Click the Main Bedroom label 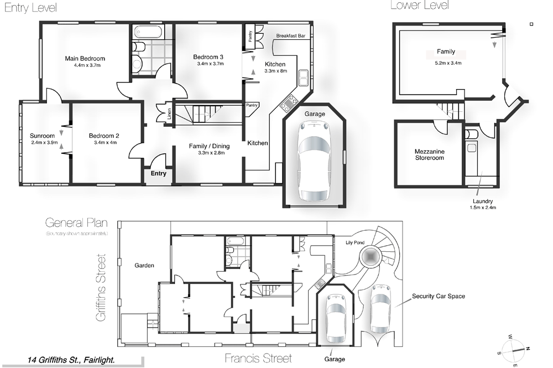tap(85, 58)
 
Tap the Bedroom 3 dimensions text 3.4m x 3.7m tap(208, 64)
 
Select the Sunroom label tap(42, 136)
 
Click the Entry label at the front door tap(158, 174)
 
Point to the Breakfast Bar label tap(291, 36)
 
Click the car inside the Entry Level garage tap(314, 161)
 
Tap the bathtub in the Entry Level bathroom tap(149, 32)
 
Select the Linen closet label tap(169, 114)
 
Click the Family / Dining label tap(209, 146)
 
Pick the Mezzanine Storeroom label tap(429, 154)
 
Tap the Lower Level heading tap(419, 6)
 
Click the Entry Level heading tap(30, 8)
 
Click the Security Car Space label tap(438, 296)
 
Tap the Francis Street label tap(258, 358)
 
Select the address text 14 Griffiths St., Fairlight tap(71, 360)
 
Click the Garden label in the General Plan tap(144, 266)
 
